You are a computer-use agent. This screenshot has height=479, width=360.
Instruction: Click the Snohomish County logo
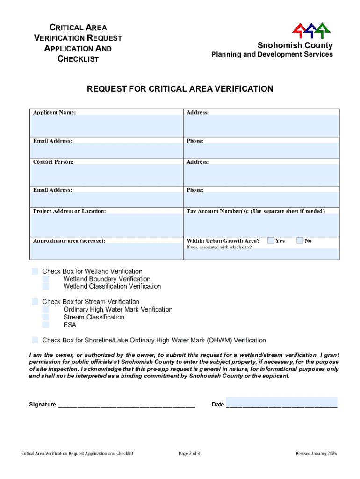click(x=311, y=30)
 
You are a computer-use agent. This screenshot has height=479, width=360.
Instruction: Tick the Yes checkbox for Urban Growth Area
click(x=271, y=240)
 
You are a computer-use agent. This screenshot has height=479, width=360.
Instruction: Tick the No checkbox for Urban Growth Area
click(x=300, y=240)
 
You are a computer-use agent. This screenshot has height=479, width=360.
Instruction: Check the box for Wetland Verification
click(x=35, y=271)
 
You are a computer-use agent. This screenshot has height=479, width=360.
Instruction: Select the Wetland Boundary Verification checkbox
click(x=46, y=279)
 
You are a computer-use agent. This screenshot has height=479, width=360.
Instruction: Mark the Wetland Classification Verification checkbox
click(x=46, y=286)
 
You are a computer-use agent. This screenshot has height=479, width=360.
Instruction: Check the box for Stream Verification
click(x=35, y=302)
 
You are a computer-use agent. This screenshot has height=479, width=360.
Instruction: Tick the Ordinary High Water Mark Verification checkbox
click(x=46, y=309)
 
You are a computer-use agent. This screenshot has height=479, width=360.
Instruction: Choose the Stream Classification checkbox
click(x=46, y=317)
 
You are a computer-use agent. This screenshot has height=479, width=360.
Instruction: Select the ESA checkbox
click(x=46, y=325)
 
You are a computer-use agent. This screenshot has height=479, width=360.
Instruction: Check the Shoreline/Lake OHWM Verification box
click(x=35, y=340)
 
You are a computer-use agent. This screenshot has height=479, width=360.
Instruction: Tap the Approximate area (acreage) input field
click(x=106, y=251)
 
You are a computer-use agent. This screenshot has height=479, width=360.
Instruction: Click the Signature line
click(x=126, y=404)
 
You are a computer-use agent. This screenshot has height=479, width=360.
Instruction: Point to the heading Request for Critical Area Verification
click(x=180, y=89)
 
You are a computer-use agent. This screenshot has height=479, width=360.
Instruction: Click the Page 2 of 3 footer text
click(x=189, y=453)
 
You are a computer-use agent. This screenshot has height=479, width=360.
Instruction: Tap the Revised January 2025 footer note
click(x=316, y=453)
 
